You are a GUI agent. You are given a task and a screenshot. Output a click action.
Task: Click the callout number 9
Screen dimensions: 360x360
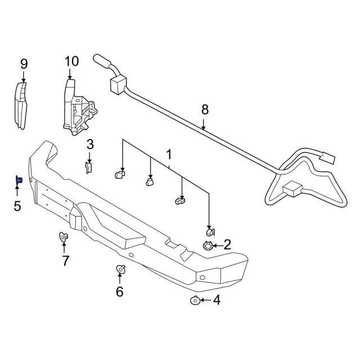pyautogui.click(x=24, y=64)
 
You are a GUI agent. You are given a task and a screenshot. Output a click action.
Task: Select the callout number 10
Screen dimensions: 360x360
pyautogui.click(x=71, y=61)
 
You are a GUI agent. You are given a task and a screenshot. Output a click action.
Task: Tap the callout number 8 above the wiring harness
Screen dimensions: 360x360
pyautogui.click(x=205, y=110)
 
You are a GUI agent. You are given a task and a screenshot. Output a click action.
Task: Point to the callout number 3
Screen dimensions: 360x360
pyautogui.click(x=90, y=145)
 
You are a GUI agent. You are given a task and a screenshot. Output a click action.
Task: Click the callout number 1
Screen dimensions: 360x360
pyautogui.click(x=169, y=155)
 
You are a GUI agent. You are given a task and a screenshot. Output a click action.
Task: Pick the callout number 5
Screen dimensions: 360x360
pyautogui.click(x=17, y=206)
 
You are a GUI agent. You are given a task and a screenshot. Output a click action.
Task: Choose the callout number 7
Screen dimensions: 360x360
pyautogui.click(x=65, y=260)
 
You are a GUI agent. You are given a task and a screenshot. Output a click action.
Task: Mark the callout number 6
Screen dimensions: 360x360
pyautogui.click(x=120, y=291)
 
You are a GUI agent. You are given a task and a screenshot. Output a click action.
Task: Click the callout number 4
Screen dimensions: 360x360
pyautogui.click(x=217, y=300)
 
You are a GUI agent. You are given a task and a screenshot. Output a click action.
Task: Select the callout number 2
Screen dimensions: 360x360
pyautogui.click(x=227, y=245)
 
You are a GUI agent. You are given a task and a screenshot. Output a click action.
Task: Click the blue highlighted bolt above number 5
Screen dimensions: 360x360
pyautogui.click(x=19, y=180)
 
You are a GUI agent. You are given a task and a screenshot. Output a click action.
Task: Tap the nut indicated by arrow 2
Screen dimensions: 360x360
pyautogui.click(x=208, y=246)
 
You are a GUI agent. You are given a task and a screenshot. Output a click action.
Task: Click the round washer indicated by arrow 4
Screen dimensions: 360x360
pyautogui.click(x=195, y=300)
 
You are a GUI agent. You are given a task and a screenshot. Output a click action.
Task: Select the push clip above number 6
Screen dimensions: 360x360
pyautogui.click(x=121, y=269)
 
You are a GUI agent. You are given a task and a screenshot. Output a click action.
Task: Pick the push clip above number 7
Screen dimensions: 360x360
pyautogui.click(x=64, y=236)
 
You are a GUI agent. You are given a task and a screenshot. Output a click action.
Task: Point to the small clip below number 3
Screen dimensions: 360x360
pyautogui.click(x=88, y=168)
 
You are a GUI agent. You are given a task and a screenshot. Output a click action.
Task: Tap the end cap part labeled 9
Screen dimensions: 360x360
pyautogui.click(x=21, y=106)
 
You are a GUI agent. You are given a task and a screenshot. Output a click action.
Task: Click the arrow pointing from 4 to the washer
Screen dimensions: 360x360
pyautogui.click(x=206, y=300)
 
